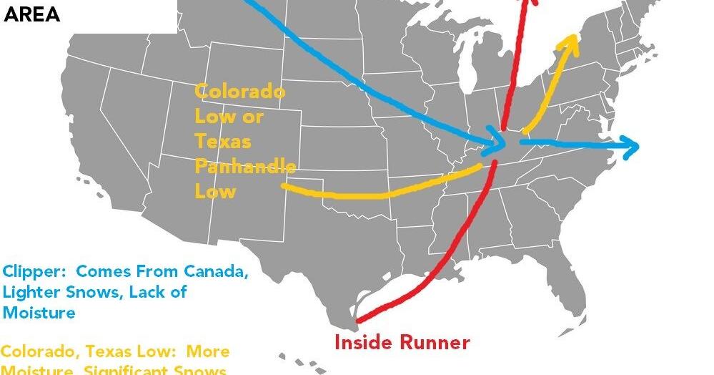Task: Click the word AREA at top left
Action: pos(32,15)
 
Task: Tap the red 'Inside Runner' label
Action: pos(402,342)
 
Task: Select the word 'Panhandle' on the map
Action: pos(245,167)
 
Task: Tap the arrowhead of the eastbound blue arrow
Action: pos(631,147)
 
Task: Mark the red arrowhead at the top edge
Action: pos(530,4)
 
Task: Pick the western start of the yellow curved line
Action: pos(284,186)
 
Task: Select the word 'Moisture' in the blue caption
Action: pos(39,313)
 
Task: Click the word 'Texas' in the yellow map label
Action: pos(223,142)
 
